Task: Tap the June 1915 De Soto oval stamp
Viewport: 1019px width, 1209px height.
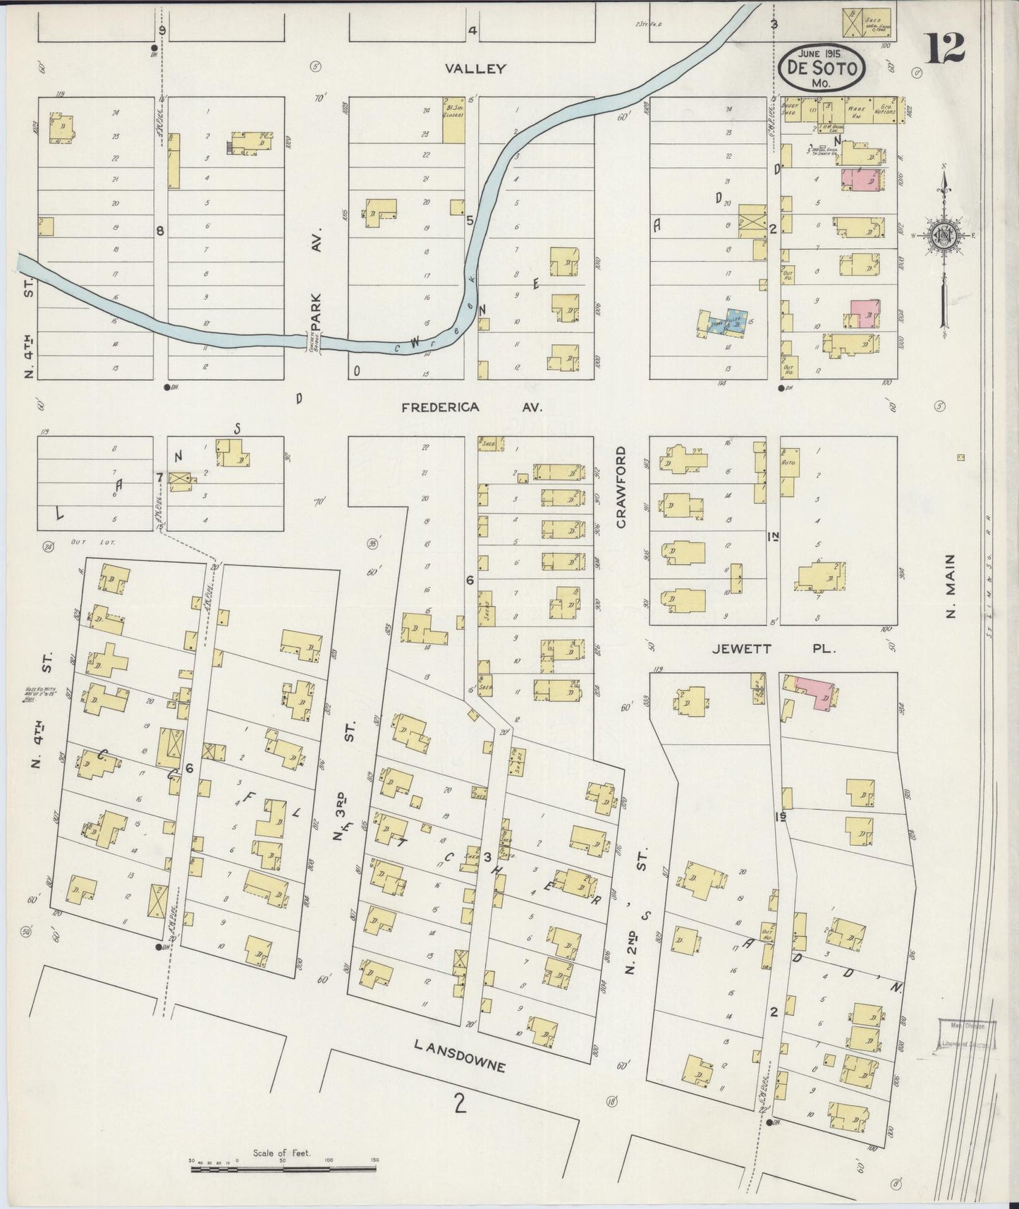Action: coord(822,68)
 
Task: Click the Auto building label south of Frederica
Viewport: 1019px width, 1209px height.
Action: coord(790,462)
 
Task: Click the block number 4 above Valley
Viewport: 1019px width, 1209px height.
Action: coord(472,30)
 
